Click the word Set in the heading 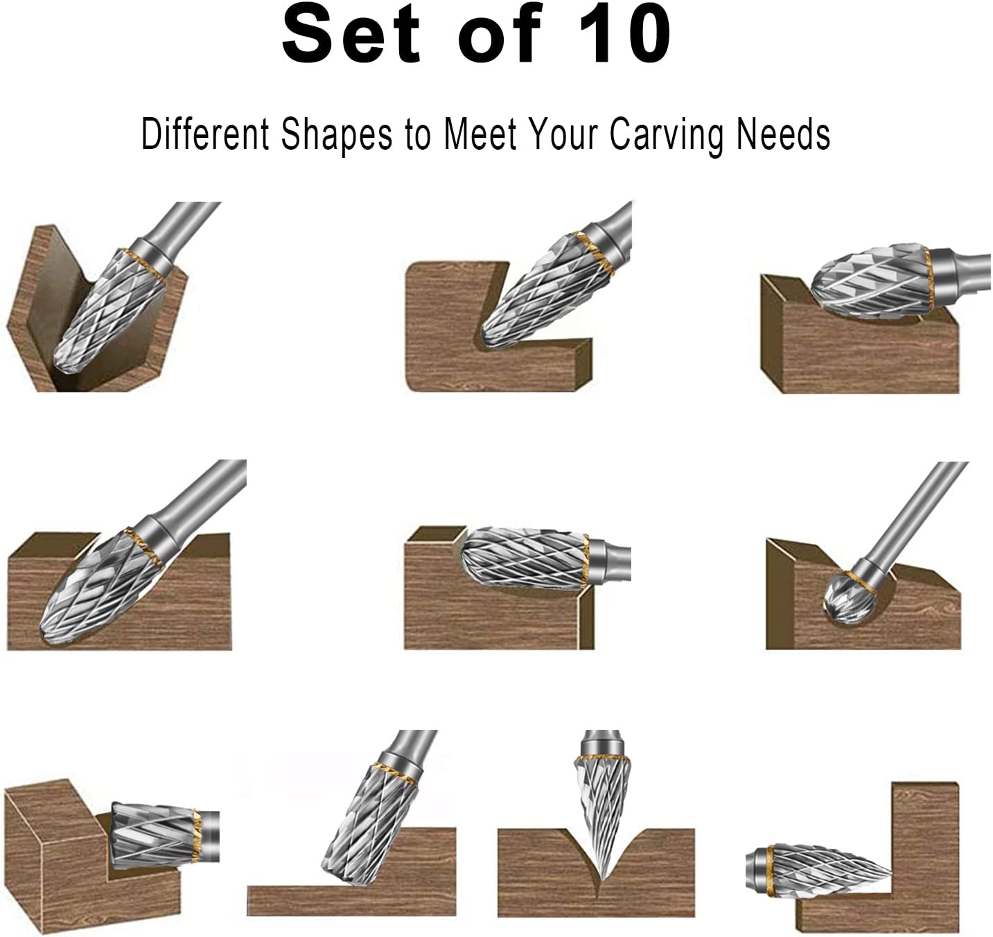(351, 33)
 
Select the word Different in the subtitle (204, 134)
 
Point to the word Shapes (337, 134)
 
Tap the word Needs (783, 134)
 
